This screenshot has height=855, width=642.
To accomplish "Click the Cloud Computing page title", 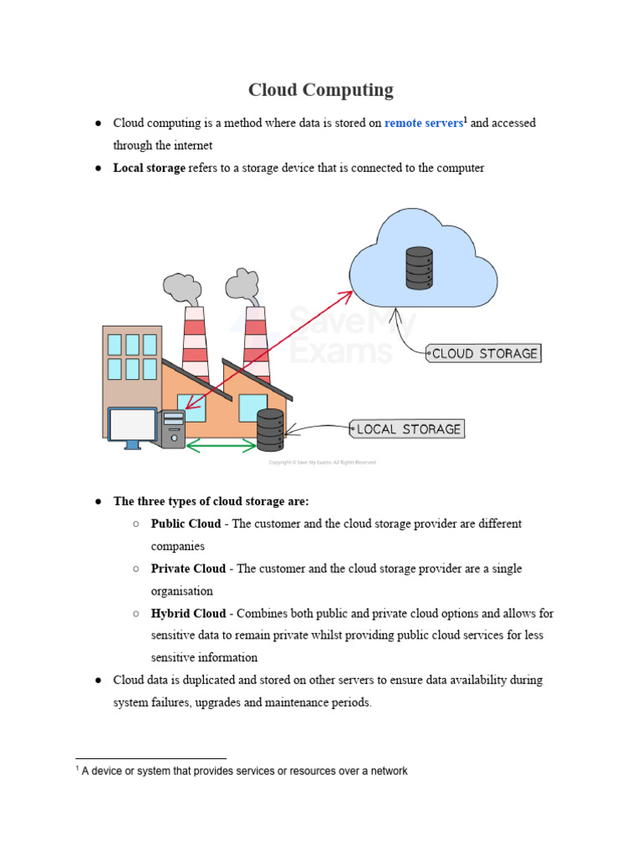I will pyautogui.click(x=321, y=90).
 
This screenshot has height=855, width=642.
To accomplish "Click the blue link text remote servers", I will pyautogui.click(x=423, y=124).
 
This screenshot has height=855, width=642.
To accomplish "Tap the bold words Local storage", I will pyautogui.click(x=149, y=168).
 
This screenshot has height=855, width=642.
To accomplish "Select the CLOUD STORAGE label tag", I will pyautogui.click(x=484, y=353).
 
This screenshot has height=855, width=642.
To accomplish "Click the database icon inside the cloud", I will pyautogui.click(x=419, y=267).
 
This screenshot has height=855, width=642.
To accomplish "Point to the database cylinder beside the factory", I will pyautogui.click(x=270, y=430).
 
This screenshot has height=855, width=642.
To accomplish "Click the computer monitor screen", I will pyautogui.click(x=133, y=425).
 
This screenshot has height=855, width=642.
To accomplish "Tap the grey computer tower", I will pyautogui.click(x=174, y=430).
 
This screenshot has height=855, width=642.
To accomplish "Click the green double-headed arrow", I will pyautogui.click(x=222, y=446).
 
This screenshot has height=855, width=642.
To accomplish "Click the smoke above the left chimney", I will pyautogui.click(x=181, y=287).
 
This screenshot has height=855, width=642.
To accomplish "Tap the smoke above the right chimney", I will pyautogui.click(x=242, y=284).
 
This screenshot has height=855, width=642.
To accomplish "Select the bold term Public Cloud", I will pyautogui.click(x=186, y=524).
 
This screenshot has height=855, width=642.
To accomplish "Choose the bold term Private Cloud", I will pyautogui.click(x=188, y=569).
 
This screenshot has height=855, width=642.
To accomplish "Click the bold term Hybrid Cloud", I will pyautogui.click(x=188, y=614).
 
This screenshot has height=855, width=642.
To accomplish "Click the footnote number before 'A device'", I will pyautogui.click(x=77, y=769).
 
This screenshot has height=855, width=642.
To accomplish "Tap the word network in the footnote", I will pyautogui.click(x=387, y=772).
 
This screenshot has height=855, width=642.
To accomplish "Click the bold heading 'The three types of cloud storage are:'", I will pyautogui.click(x=211, y=502).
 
